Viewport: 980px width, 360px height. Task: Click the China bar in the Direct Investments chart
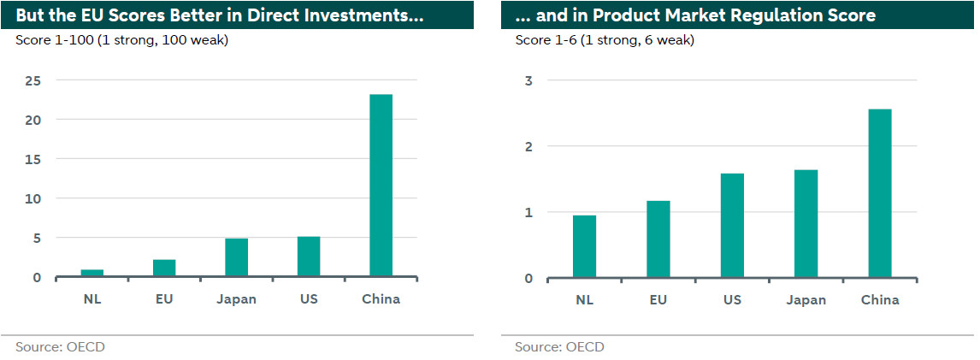[381, 186]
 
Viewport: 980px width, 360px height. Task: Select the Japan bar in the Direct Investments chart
[236, 257]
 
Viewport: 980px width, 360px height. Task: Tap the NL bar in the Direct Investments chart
[92, 273]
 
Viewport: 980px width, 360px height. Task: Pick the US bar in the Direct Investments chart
[309, 257]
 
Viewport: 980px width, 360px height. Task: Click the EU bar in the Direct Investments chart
[164, 268]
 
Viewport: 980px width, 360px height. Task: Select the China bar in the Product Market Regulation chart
[880, 193]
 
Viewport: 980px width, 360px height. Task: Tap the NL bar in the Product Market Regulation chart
[585, 246]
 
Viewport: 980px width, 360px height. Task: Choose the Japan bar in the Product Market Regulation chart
[806, 223]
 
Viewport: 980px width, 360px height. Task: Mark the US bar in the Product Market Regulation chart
[732, 225]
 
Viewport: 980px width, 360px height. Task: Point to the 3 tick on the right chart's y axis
[529, 80]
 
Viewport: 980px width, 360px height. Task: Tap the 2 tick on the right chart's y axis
[529, 146]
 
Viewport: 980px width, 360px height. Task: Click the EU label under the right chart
[658, 299]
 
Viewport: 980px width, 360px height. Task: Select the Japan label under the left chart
[236, 299]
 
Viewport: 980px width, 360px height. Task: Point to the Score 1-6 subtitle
[604, 40]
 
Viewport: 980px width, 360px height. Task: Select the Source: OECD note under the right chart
[559, 346]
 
